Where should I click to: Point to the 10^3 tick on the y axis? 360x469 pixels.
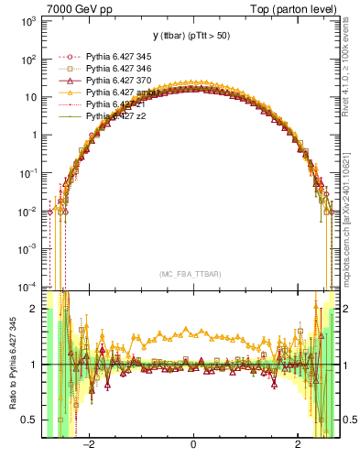(27, 20)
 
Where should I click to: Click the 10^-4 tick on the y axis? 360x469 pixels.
(27, 285)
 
